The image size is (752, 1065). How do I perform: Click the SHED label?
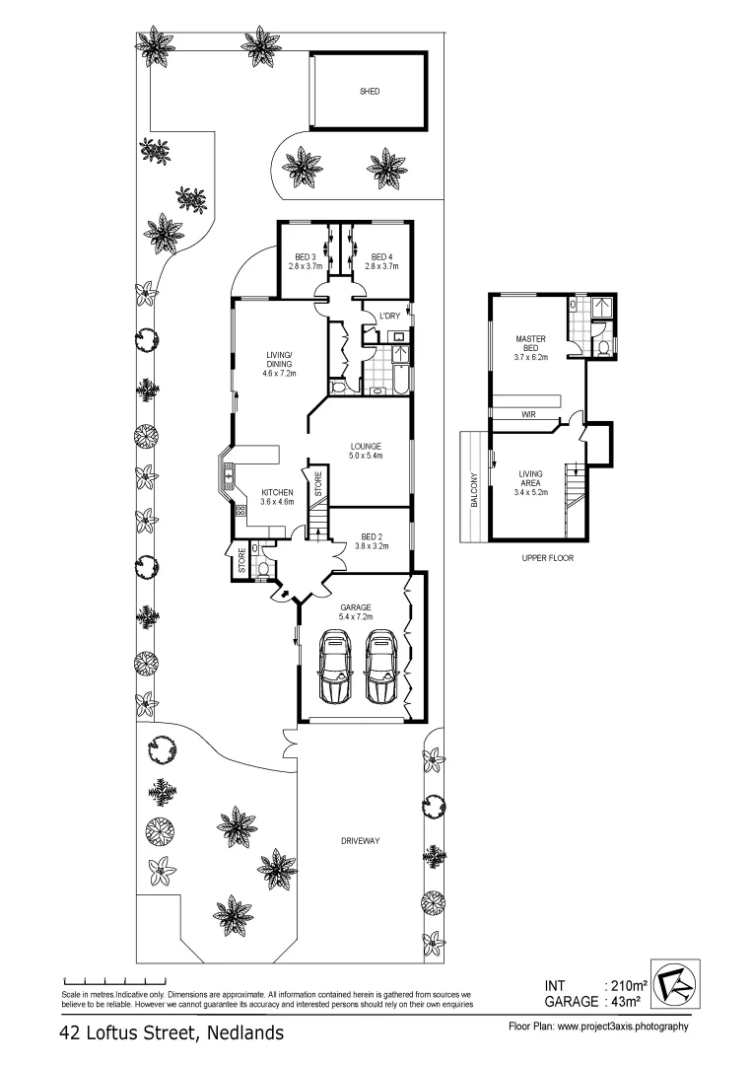(x=370, y=91)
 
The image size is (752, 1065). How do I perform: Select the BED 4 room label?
(x=378, y=257)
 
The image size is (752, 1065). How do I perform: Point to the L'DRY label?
(x=389, y=316)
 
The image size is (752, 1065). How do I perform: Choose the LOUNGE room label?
(x=366, y=446)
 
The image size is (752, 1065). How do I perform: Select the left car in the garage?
(x=335, y=668)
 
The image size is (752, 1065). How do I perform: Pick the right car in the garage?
(x=382, y=668)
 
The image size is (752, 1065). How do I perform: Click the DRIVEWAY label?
(x=361, y=841)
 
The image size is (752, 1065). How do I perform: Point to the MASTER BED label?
(x=530, y=343)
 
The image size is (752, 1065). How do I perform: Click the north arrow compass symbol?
(x=674, y=985)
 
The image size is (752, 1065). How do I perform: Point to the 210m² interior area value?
(x=626, y=985)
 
